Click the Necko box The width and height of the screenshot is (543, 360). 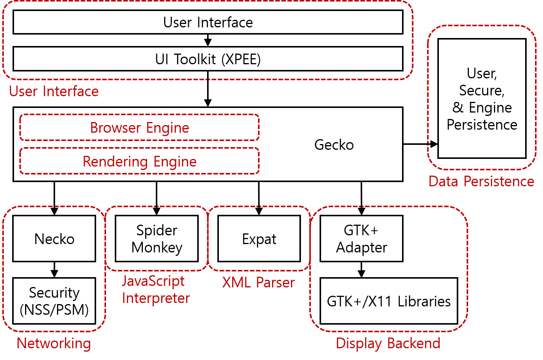pos(54,239)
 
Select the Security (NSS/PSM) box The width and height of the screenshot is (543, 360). pos(54,301)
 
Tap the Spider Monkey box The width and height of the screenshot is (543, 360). pos(157,239)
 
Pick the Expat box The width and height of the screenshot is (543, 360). pos(259,239)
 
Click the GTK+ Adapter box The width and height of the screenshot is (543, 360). pos(361,239)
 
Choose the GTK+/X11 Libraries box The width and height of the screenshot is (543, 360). pos(389,301)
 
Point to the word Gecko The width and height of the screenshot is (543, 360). pos(334,145)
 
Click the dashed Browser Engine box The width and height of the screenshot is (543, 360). pos(139,128)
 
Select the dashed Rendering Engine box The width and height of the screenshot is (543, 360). pos(139,162)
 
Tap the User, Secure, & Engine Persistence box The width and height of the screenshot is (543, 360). pos(482,98)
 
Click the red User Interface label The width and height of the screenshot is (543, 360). pos(54,91)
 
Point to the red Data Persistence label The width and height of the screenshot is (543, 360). pos(481,181)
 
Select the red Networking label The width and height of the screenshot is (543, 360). pos(54,343)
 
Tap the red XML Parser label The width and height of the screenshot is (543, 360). pos(258,282)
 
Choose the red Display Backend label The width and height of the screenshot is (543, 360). pos(388,343)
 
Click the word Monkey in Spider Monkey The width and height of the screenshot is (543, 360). pos(157,247)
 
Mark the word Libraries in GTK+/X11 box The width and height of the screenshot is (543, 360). pos(424,301)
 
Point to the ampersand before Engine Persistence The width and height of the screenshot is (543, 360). pos(458,108)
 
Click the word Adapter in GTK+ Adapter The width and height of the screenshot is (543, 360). pos(362,247)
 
